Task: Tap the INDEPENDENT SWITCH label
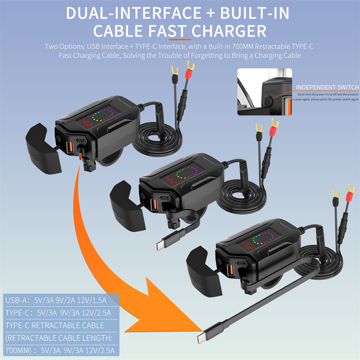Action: (x=327, y=87)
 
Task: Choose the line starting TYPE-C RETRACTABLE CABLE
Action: (x=54, y=325)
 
